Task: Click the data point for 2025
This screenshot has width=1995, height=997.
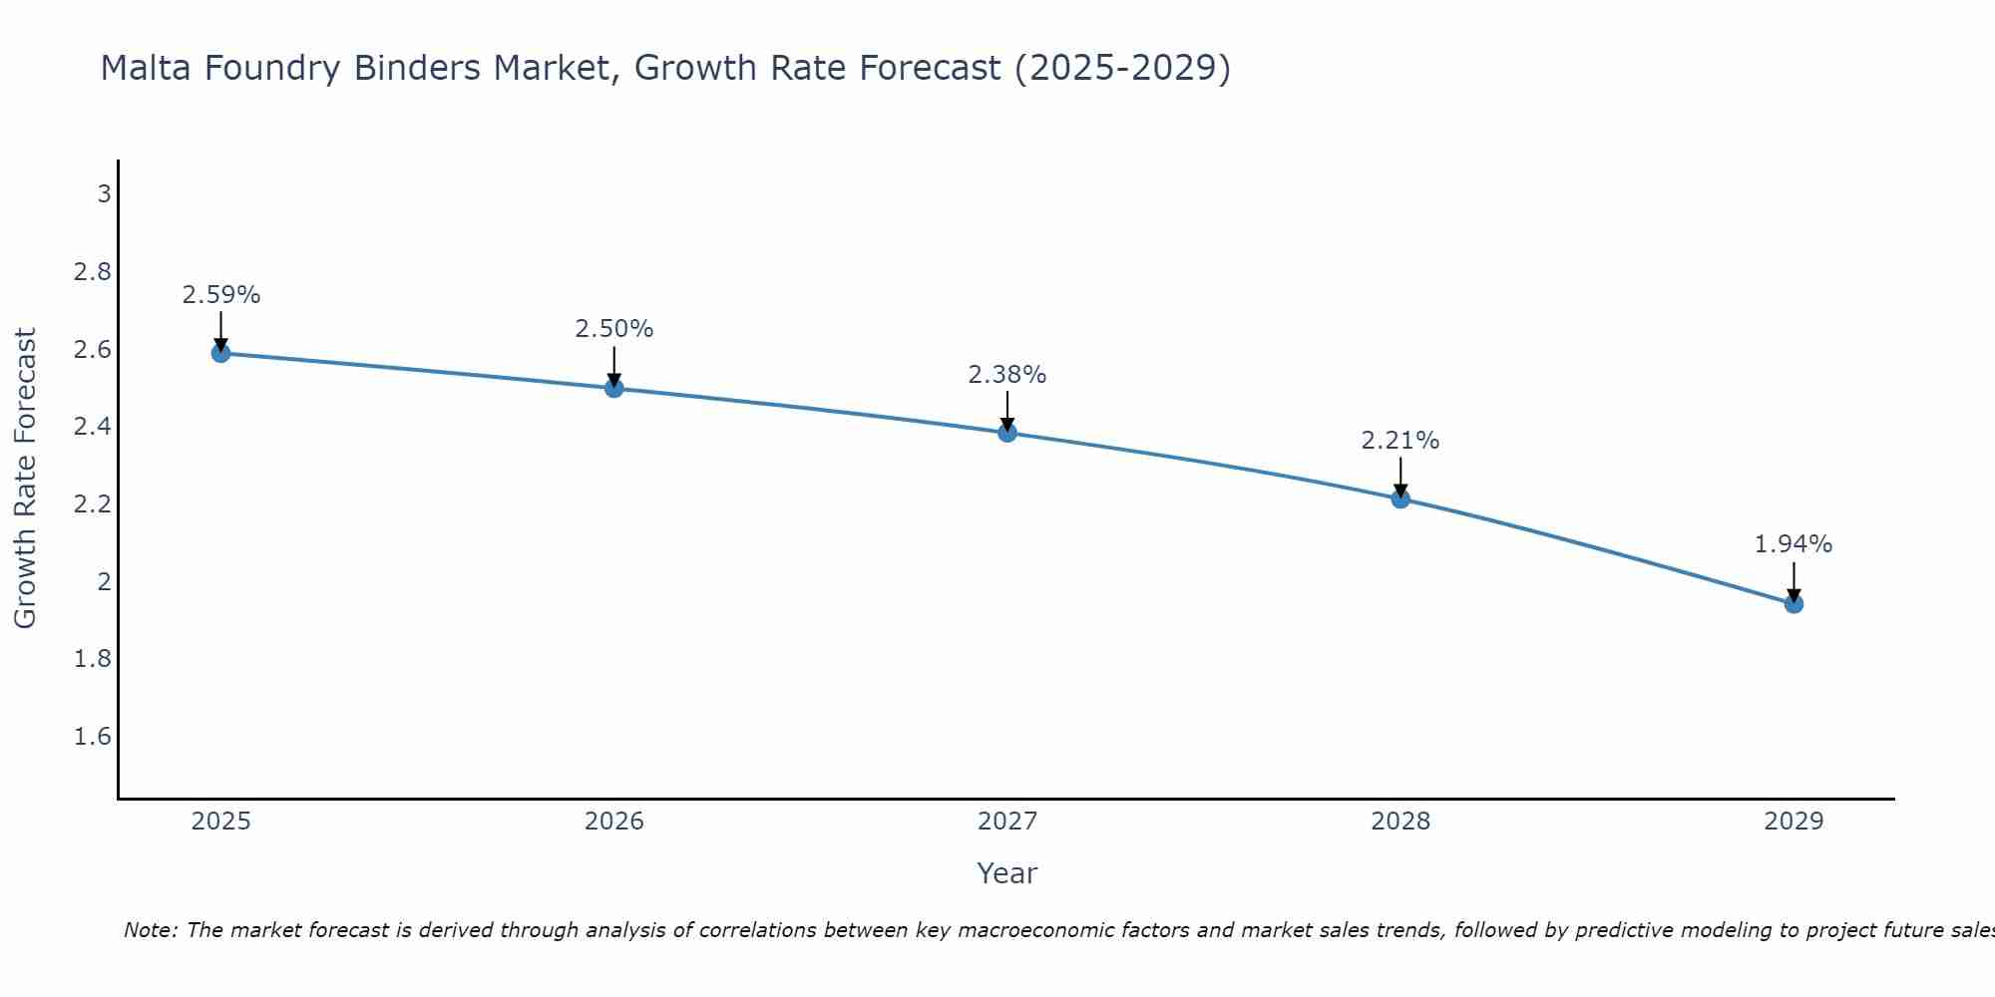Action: pos(220,353)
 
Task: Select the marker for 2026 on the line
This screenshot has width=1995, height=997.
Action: pos(614,388)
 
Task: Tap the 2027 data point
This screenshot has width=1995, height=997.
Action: pos(1007,433)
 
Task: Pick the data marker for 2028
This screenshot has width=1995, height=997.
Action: pos(1400,498)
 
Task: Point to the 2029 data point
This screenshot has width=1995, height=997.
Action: pos(1794,603)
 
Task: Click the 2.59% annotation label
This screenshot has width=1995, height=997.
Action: pos(220,295)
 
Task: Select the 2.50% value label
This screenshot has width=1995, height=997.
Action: pos(614,329)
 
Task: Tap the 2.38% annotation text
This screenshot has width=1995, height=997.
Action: pos(1007,375)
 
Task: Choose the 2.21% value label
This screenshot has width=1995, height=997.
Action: pos(1400,441)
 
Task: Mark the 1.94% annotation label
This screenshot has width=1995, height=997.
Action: pos(1794,544)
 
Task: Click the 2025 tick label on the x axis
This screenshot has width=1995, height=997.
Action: pos(220,822)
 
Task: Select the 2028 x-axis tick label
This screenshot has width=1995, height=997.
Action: pos(1400,822)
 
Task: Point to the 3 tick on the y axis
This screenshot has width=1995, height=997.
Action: pos(104,193)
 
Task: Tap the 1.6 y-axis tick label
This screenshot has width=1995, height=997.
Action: pos(92,737)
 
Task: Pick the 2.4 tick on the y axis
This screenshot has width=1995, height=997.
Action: pos(92,427)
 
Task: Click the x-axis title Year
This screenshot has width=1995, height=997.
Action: pos(1007,873)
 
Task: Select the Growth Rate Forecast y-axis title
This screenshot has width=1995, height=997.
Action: pos(25,478)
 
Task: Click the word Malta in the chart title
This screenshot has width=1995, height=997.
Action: pos(141,68)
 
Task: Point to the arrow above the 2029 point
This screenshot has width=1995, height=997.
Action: pos(1794,580)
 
